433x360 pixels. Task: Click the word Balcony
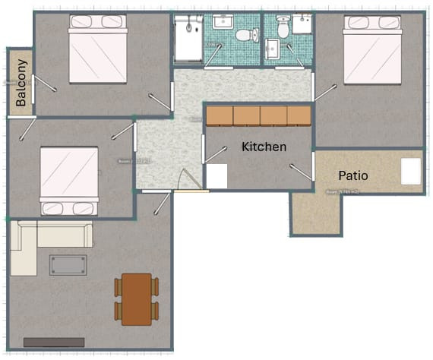[22, 82]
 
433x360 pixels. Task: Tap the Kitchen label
[264, 147]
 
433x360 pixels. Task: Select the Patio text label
[352, 175]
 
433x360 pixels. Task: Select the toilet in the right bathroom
[282, 29]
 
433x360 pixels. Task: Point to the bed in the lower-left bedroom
[69, 181]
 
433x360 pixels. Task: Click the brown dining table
[137, 298]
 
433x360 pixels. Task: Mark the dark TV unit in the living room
[53, 343]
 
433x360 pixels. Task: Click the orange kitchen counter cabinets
[258, 115]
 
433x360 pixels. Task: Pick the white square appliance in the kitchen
[217, 176]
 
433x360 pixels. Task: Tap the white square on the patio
[411, 171]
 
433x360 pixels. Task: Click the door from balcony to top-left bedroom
[44, 84]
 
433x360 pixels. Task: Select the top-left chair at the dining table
[119, 286]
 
